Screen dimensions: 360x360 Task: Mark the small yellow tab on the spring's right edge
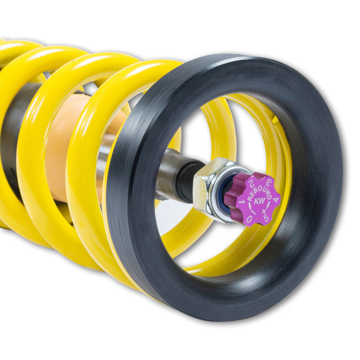pos(274,120)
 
